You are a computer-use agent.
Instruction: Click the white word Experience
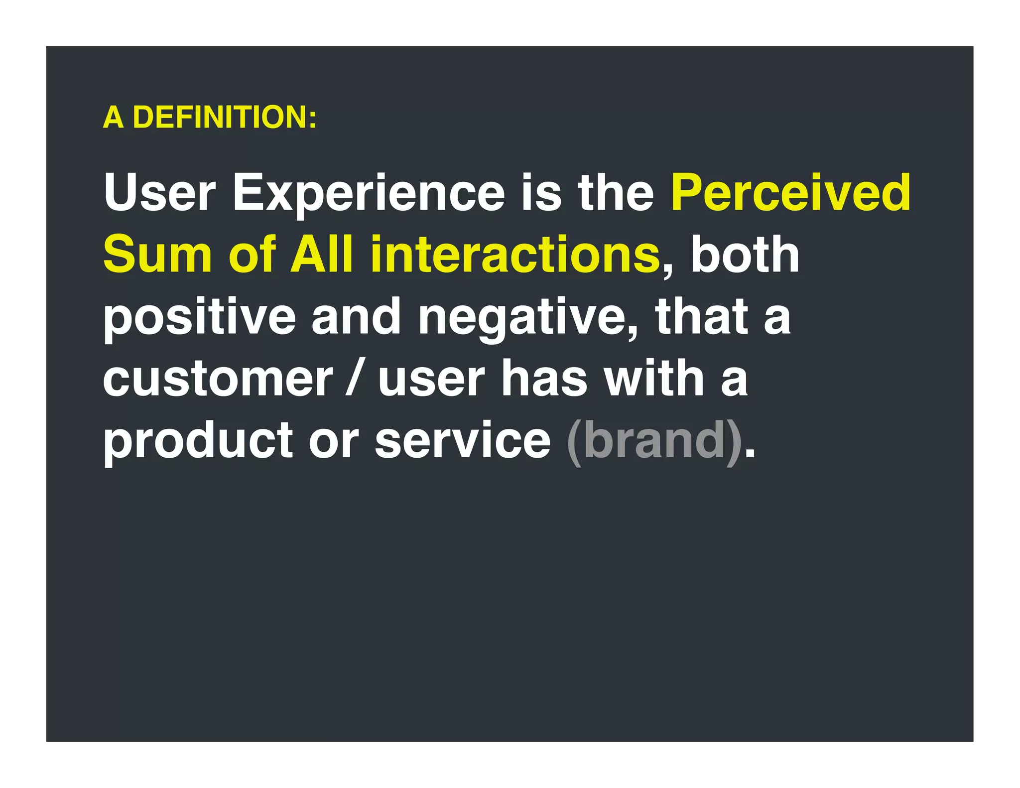pos(369,193)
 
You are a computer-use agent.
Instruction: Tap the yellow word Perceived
pos(790,192)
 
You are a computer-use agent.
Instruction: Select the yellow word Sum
pos(157,255)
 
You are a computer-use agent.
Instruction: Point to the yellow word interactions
pos(514,255)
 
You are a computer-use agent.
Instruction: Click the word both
pos(745,255)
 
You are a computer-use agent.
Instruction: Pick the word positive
pos(199,317)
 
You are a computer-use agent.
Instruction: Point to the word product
pos(198,441)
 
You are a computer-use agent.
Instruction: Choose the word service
pos(463,441)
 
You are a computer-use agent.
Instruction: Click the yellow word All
pos(321,255)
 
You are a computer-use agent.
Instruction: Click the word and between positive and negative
pos(356,317)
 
